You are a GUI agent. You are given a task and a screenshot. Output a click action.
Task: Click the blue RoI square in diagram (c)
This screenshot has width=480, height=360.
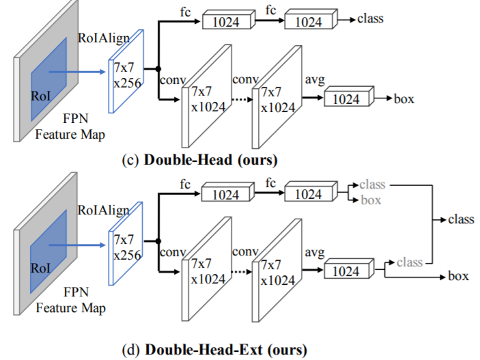pos(48,82)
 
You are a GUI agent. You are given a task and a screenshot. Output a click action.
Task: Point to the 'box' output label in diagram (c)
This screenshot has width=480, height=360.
pos(404,99)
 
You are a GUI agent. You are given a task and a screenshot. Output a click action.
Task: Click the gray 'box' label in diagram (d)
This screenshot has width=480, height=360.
pos(371,201)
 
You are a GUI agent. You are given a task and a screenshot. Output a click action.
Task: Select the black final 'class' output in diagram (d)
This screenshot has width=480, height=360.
pos(461,219)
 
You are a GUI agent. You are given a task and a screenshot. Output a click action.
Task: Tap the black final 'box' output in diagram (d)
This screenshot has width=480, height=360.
pos(458,277)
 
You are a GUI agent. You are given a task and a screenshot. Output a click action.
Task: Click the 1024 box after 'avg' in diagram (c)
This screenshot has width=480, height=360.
pos(346,99)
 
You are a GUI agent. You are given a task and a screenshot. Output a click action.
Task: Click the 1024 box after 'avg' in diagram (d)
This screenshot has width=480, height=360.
pos(346,271)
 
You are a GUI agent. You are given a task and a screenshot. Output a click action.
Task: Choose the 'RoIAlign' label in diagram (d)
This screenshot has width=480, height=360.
pos(100,208)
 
